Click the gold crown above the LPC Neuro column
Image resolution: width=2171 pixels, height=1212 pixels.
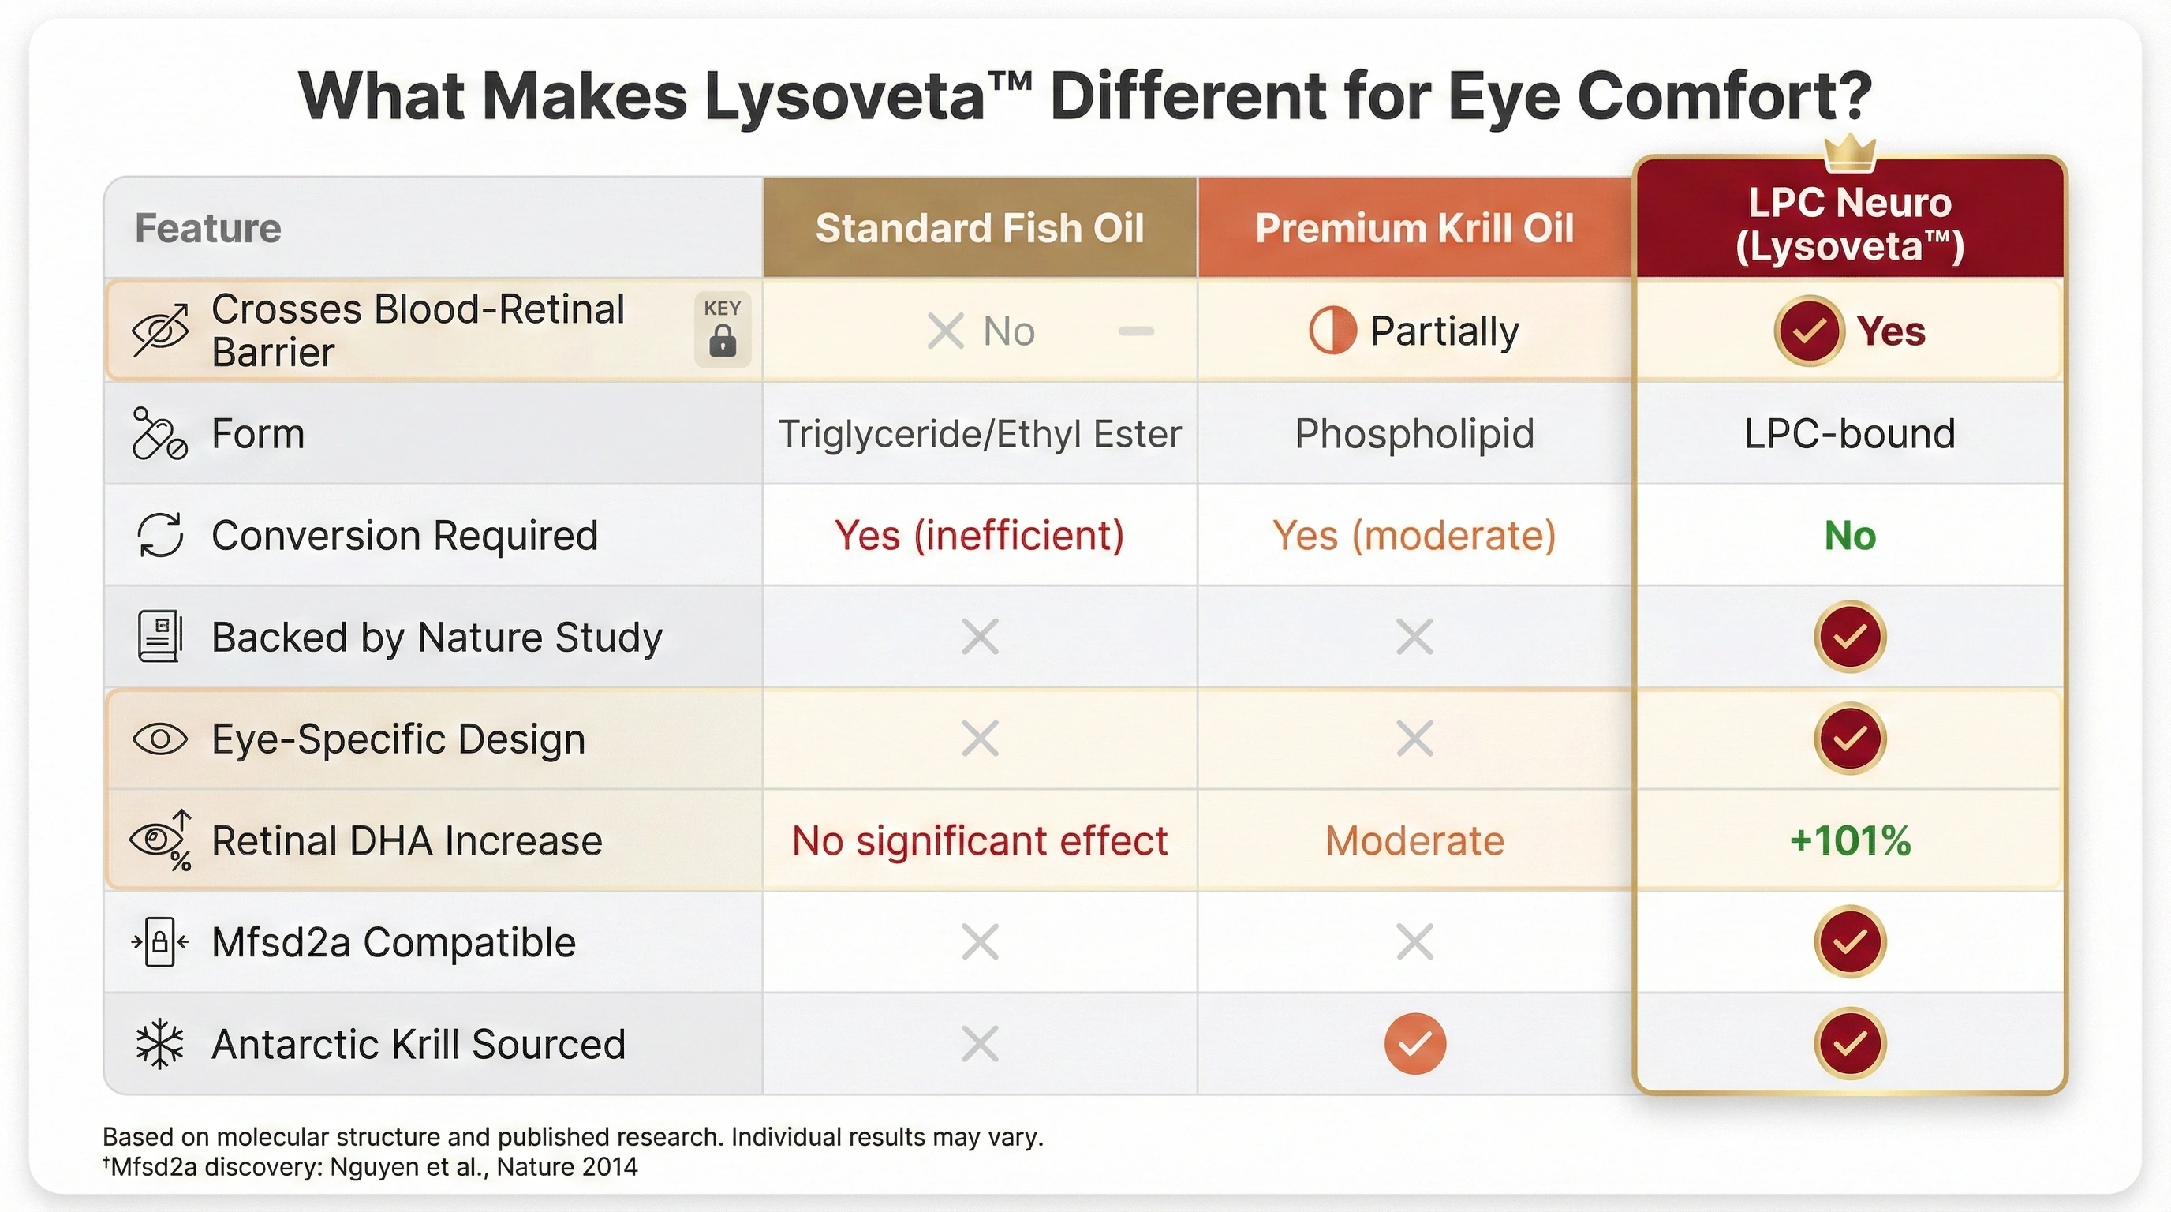click(x=1849, y=152)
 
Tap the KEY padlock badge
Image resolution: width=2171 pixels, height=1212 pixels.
click(x=723, y=330)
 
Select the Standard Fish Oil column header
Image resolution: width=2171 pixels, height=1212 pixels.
click(x=979, y=228)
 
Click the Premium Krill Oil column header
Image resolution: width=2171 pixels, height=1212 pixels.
click(x=1414, y=228)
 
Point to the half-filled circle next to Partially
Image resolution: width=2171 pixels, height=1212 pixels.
click(x=1332, y=331)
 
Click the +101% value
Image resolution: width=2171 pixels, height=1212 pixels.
click(x=1850, y=841)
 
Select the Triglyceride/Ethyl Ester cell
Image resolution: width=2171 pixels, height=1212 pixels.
click(x=979, y=434)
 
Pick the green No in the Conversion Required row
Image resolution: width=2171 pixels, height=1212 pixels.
click(x=1850, y=536)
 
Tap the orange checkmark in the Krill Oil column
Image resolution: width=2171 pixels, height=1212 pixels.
click(x=1415, y=1044)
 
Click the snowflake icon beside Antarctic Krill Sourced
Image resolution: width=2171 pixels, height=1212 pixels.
click(x=159, y=1044)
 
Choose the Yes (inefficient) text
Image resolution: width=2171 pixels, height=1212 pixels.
click(x=979, y=536)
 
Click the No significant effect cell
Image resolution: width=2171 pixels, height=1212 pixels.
click(x=979, y=841)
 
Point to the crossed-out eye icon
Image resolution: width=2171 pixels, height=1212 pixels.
click(x=160, y=331)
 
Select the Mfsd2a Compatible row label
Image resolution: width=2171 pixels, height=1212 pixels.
click(x=394, y=942)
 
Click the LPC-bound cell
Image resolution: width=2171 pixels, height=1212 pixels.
click(x=1850, y=434)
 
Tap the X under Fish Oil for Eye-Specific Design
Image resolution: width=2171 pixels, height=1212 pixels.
click(x=980, y=739)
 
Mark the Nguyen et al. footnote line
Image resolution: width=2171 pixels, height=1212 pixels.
click(x=371, y=1167)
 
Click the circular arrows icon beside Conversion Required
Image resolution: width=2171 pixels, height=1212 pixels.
click(x=160, y=536)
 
